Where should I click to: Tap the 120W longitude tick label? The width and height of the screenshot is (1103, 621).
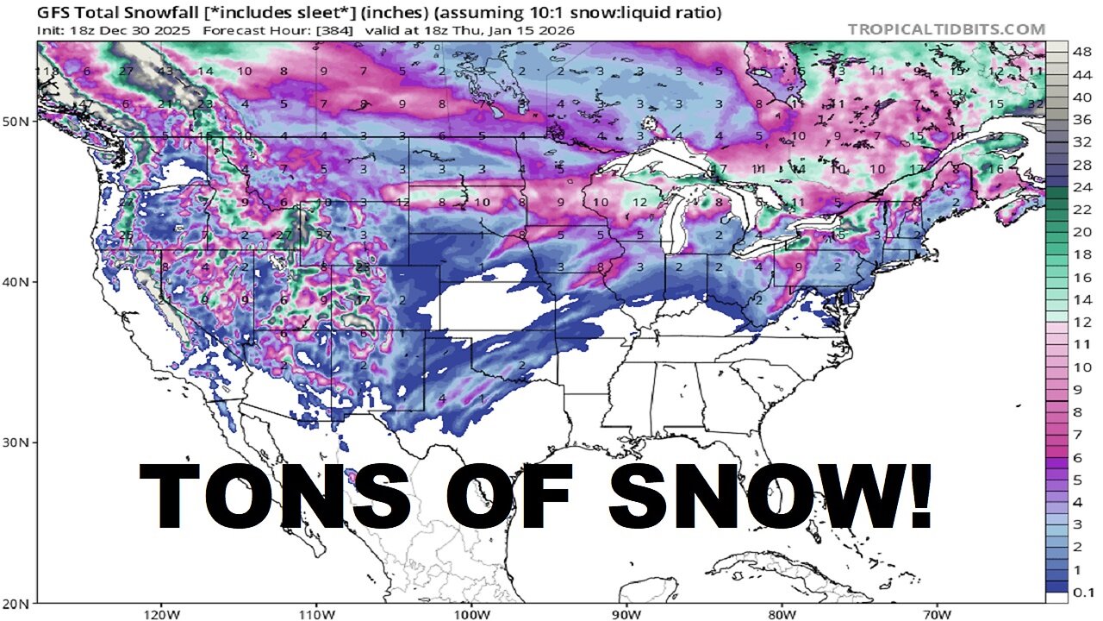click(161, 613)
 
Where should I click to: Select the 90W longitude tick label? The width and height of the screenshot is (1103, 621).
click(626, 613)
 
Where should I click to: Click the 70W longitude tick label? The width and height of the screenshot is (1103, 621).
click(936, 613)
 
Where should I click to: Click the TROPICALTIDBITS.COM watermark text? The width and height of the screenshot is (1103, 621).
click(946, 29)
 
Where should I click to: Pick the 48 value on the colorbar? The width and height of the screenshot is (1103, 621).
click(1081, 53)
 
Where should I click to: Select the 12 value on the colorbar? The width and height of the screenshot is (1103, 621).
click(1081, 323)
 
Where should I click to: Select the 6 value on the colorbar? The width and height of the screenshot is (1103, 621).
click(1081, 458)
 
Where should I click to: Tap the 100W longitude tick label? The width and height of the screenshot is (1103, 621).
click(471, 613)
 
